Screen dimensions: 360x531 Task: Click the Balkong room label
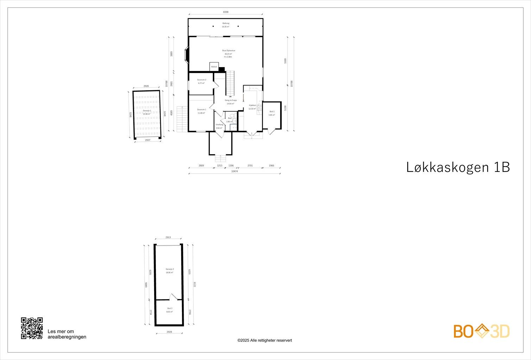226,24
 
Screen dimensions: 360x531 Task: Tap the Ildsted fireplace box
214,67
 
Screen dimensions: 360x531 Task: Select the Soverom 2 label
202,80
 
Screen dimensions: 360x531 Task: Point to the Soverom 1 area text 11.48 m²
201,113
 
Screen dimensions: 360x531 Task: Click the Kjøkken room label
252,105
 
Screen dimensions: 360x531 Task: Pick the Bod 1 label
272,111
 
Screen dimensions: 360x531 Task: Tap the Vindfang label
219,124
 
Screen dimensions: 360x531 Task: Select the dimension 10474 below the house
234,171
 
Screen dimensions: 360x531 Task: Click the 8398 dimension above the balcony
226,12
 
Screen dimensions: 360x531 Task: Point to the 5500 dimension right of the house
285,61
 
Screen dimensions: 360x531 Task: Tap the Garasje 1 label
147,111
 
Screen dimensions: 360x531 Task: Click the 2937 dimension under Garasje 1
147,140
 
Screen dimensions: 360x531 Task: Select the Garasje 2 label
170,269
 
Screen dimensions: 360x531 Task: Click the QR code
32,328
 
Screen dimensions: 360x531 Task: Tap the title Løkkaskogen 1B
458,167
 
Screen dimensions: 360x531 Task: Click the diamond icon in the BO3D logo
481,331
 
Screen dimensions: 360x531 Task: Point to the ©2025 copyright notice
265,340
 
